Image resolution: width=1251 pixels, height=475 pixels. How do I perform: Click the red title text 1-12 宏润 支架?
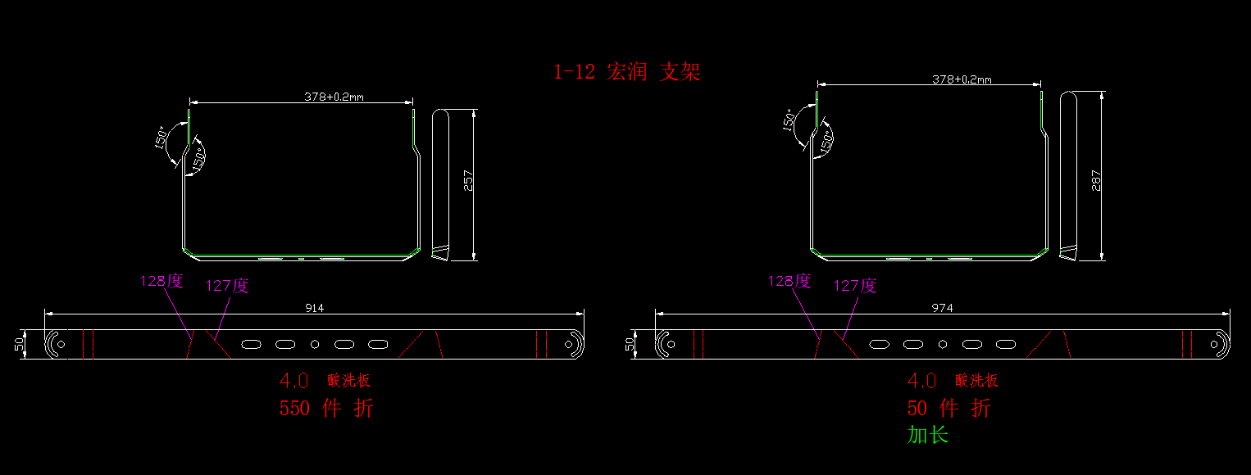pyautogui.click(x=627, y=72)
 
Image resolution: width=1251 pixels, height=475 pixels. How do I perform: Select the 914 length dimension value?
pyautogui.click(x=315, y=308)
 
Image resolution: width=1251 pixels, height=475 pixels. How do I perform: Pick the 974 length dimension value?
pyautogui.click(x=942, y=308)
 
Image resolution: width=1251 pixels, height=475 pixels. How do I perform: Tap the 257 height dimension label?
pyautogui.click(x=468, y=180)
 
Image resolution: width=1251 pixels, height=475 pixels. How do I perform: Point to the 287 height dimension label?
pyautogui.click(x=1095, y=180)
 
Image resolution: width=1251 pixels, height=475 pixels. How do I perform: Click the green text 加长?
pyautogui.click(x=927, y=435)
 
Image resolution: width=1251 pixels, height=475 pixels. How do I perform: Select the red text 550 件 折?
pyautogui.click(x=326, y=408)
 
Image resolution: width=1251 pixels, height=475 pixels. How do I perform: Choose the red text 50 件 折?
pyautogui.click(x=948, y=408)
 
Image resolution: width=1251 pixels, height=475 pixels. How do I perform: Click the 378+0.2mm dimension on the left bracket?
pyautogui.click(x=334, y=97)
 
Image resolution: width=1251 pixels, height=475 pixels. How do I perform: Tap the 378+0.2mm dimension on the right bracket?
pyautogui.click(x=962, y=79)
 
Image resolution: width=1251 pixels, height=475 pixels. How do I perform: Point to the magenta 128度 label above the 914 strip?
pyautogui.click(x=161, y=282)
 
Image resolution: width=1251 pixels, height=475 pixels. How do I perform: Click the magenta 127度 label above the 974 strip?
pyautogui.click(x=855, y=286)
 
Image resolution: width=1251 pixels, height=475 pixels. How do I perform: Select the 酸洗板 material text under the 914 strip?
pyautogui.click(x=349, y=381)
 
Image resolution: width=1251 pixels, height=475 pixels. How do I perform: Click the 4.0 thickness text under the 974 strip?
pyautogui.click(x=922, y=381)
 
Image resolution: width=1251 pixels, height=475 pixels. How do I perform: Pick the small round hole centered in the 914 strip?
pyautogui.click(x=315, y=344)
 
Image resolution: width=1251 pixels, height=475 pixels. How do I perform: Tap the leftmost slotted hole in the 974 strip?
pyautogui.click(x=881, y=344)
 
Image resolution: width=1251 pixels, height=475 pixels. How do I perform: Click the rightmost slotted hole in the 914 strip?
pyautogui.click(x=377, y=344)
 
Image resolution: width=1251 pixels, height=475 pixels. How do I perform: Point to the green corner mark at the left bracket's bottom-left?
pyautogui.click(x=186, y=250)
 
